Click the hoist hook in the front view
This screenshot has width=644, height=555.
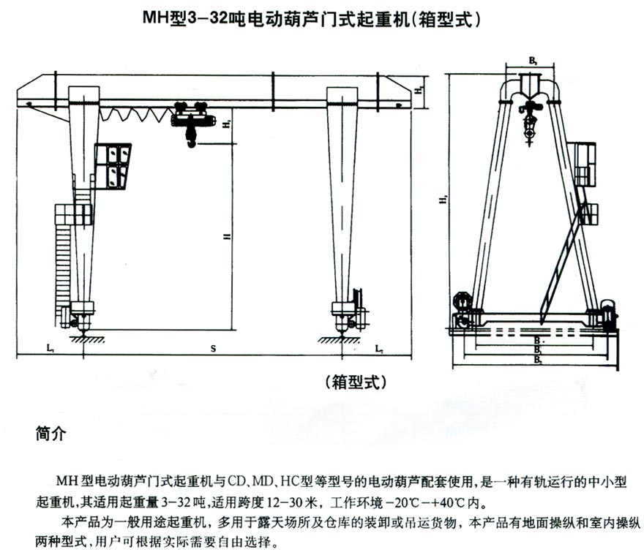[x=190, y=140]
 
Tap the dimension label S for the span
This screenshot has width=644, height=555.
[x=212, y=350]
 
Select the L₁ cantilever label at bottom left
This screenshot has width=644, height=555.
[x=48, y=350]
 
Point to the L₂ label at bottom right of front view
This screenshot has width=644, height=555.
[x=379, y=350]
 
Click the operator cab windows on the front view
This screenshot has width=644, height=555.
[x=116, y=165]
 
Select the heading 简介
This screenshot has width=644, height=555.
[x=50, y=434]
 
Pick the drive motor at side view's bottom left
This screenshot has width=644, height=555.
[x=463, y=301]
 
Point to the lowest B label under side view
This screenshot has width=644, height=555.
[x=537, y=359]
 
